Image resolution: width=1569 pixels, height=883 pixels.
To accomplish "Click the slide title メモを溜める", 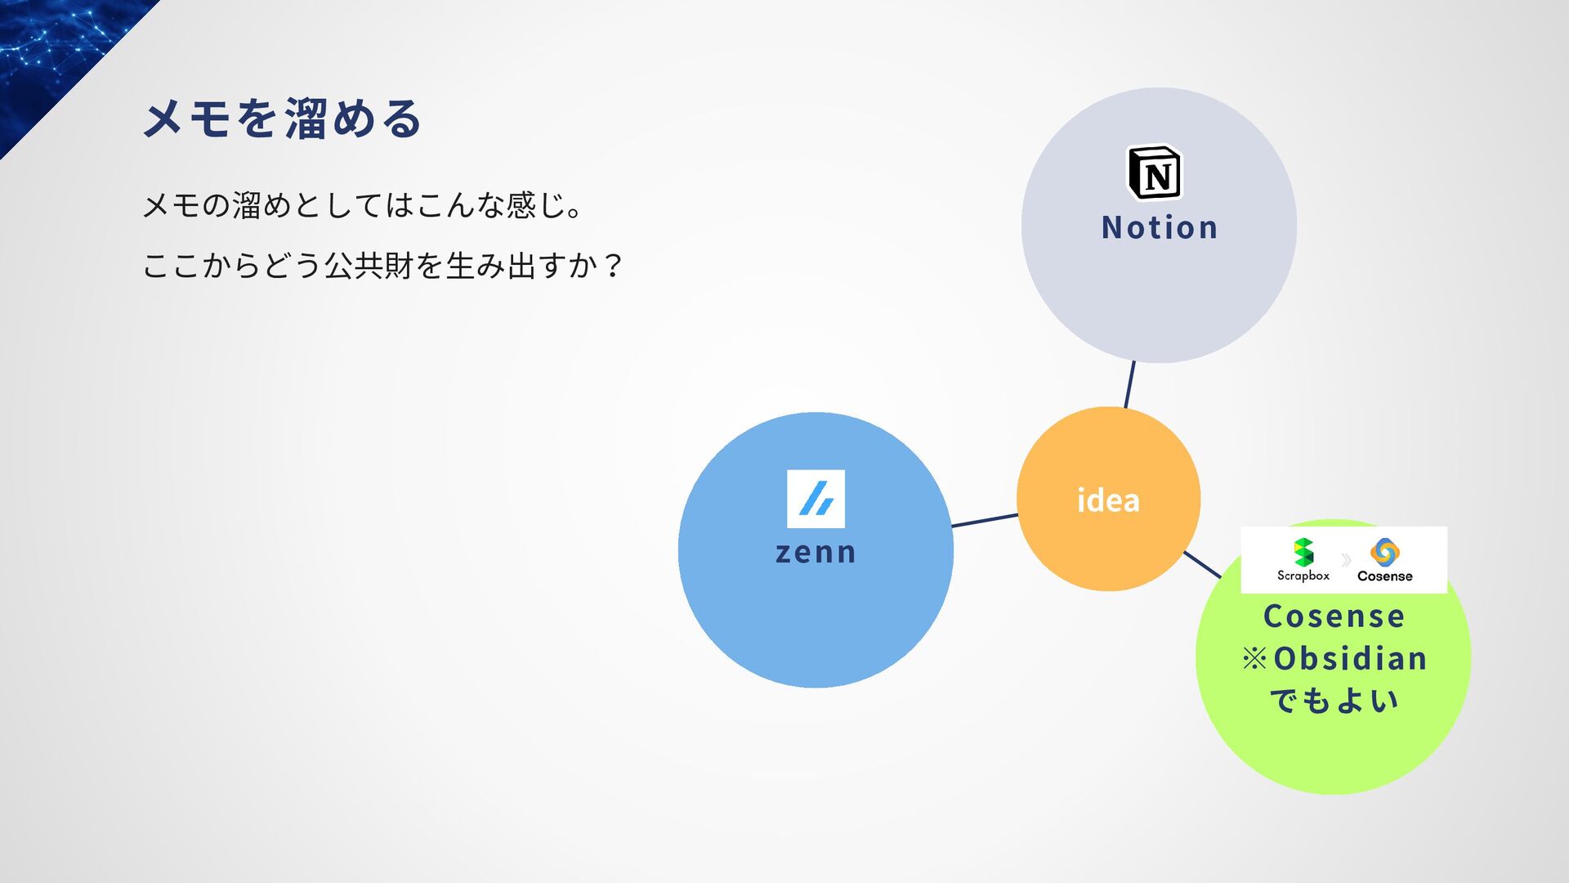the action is (283, 119).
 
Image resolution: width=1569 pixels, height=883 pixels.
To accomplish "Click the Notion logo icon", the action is (1154, 173).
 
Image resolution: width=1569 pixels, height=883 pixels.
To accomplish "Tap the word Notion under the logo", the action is (1160, 227).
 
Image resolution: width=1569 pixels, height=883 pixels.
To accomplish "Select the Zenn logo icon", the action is (816, 499).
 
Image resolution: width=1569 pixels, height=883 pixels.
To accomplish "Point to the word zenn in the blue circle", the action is (816, 553).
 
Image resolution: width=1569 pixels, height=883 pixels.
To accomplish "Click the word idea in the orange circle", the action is (1108, 500).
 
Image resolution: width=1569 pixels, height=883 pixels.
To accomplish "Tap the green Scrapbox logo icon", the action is (1303, 552).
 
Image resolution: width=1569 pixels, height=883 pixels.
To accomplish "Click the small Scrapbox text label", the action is (1303, 576).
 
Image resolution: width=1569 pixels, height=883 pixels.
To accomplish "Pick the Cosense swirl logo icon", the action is (1384, 552).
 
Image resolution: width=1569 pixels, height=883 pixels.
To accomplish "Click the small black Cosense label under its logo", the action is (1384, 576).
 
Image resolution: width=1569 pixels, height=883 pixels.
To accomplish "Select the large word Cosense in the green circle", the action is (1334, 616).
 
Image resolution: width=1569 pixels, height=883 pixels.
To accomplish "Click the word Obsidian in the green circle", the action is (1350, 659).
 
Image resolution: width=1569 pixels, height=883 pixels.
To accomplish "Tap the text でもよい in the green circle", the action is (1334, 701).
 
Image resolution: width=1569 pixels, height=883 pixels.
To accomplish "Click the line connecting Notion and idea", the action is (1129, 384).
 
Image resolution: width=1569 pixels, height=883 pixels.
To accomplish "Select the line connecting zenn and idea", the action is (985, 520).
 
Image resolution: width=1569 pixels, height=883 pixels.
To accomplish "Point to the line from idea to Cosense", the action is (1201, 564).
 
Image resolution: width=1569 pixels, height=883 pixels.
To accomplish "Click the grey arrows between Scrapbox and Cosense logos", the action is (1345, 560).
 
